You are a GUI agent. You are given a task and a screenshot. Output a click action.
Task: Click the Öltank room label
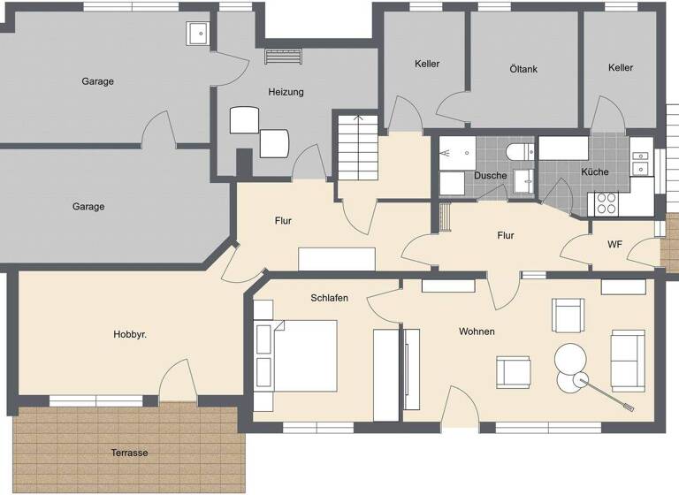click(523, 69)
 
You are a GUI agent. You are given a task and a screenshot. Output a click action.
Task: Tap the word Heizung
click(286, 92)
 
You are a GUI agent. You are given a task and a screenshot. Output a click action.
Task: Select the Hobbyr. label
click(130, 335)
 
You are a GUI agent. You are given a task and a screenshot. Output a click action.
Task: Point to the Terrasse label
click(129, 453)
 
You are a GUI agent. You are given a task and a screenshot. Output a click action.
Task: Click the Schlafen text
click(329, 299)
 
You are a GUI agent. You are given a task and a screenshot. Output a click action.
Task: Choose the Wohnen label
click(476, 331)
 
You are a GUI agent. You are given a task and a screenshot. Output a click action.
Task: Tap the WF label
click(614, 245)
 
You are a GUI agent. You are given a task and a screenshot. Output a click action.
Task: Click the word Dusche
click(490, 176)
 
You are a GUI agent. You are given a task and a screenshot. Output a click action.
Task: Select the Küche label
click(594, 171)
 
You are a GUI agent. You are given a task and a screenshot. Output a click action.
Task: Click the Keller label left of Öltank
click(427, 64)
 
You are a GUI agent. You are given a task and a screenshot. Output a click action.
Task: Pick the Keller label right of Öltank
click(621, 68)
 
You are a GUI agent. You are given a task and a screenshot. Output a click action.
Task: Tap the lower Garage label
click(88, 207)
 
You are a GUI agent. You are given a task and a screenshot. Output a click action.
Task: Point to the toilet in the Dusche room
click(519, 149)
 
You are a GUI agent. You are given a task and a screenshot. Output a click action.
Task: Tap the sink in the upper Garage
click(196, 34)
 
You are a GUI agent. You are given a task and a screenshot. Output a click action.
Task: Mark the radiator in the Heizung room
click(284, 56)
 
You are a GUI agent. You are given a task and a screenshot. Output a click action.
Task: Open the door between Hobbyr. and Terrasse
click(178, 382)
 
